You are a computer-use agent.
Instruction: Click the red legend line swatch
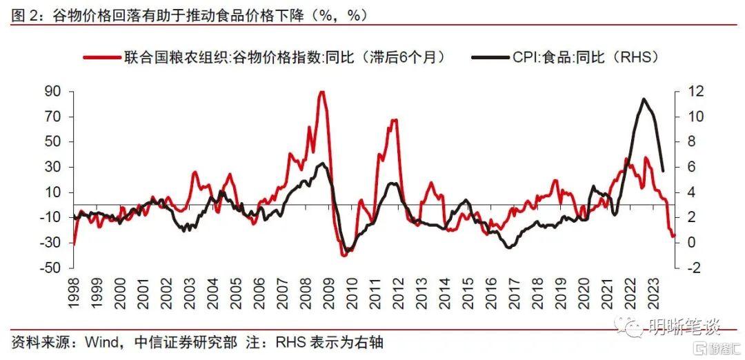pos(101,58)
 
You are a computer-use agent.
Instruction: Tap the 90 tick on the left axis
pos(53,92)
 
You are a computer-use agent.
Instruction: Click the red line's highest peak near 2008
pos(321,92)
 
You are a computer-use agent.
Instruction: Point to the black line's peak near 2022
pos(644,99)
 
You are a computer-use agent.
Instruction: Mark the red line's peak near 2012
pos(394,120)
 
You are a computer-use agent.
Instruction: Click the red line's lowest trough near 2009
pos(344,256)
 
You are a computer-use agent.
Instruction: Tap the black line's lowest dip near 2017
pos(509,248)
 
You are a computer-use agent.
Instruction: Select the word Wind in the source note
pos(99,342)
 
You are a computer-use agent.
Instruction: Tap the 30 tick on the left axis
pos(53,167)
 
